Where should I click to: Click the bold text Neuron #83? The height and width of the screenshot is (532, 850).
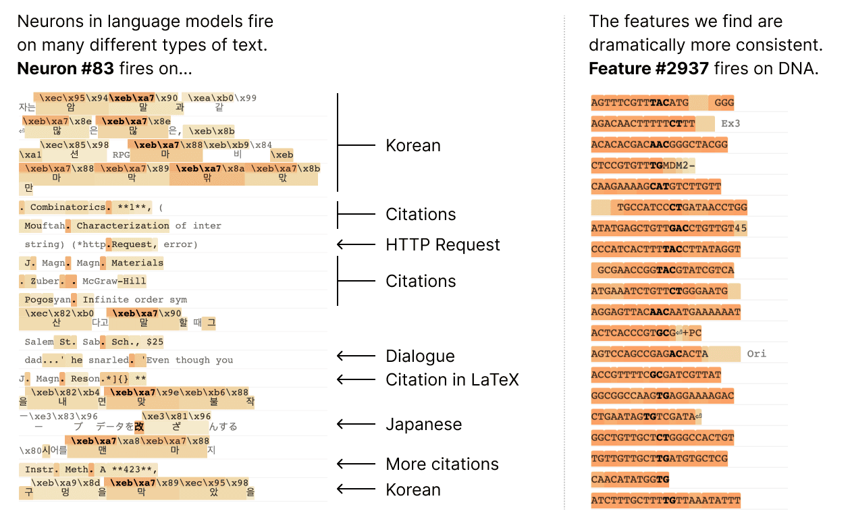(65, 69)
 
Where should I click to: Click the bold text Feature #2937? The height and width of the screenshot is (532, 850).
(649, 69)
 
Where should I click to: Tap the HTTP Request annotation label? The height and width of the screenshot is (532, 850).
(442, 244)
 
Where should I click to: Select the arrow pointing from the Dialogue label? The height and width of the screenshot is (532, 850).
(355, 356)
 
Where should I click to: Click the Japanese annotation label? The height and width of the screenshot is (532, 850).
(423, 424)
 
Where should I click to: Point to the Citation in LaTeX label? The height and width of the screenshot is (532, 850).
(452, 379)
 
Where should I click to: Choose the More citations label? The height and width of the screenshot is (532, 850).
(442, 464)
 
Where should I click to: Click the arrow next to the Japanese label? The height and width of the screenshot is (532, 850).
(355, 424)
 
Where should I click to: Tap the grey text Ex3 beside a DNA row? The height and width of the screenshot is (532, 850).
(731, 124)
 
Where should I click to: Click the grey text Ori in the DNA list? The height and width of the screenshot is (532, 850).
(756, 353)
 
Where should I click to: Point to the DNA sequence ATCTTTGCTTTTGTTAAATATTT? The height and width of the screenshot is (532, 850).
(665, 500)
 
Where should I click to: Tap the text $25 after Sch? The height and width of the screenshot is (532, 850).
(155, 342)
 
